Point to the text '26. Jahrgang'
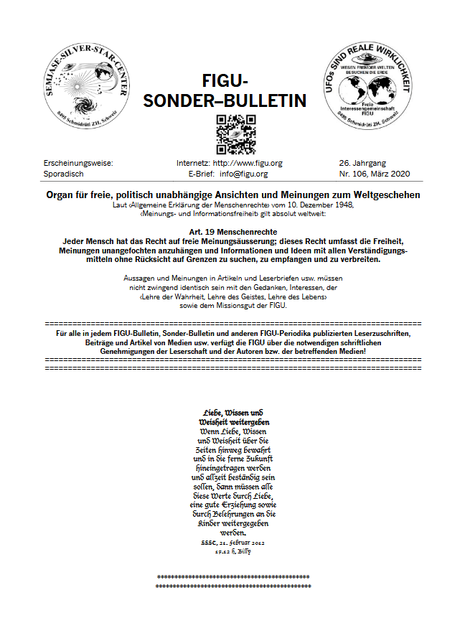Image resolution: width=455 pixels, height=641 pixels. click(363, 163)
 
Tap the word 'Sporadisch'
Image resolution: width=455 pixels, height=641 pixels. click(64, 174)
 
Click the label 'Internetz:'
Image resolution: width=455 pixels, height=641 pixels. click(193, 163)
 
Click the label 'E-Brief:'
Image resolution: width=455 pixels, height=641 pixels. click(202, 174)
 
